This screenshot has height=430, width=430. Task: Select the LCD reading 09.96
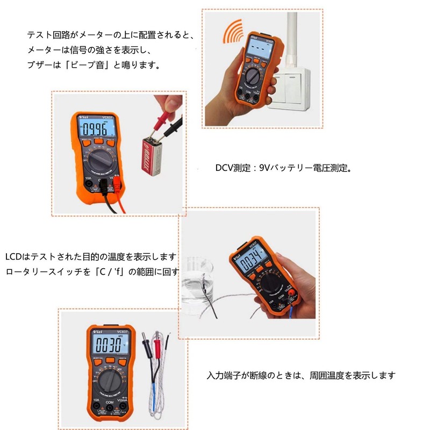pos(95,130)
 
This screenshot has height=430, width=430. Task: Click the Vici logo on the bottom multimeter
pos(95,332)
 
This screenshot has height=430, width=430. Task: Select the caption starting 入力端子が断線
pos(301,375)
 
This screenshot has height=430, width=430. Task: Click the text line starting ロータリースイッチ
pos(91,271)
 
